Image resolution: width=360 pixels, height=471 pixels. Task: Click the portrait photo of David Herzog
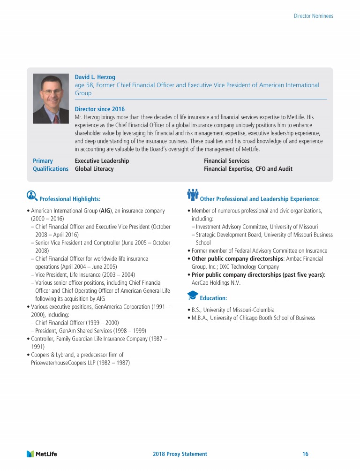51,99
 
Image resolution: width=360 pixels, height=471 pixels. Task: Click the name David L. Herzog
95,77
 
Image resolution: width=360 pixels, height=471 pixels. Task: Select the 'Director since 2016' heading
100,109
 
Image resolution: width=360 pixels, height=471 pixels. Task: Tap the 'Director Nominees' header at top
313,16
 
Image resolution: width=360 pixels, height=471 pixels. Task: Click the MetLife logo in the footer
42,454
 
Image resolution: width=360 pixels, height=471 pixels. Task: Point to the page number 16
305,454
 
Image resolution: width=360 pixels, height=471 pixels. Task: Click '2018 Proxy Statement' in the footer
180,454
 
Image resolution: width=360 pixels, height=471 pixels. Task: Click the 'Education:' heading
213,298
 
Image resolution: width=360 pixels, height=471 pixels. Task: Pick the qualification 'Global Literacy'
94,169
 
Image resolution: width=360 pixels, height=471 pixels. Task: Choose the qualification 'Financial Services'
226,161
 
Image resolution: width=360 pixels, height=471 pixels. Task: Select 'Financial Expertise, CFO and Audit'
248,169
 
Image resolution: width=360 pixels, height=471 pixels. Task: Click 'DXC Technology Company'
249,266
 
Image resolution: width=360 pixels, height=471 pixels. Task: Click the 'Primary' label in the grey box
43,161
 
